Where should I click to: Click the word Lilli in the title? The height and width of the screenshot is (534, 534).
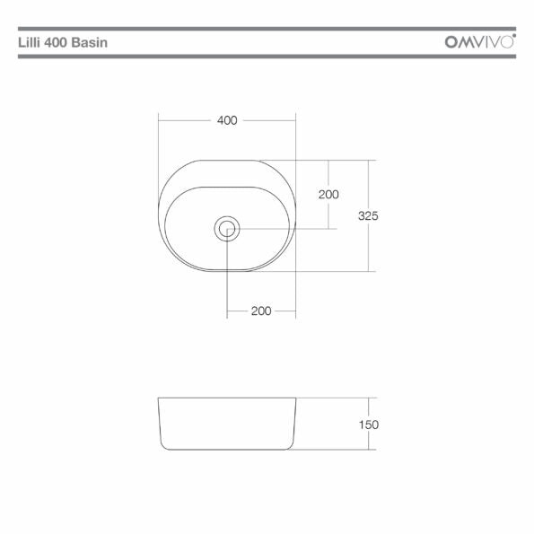pos(30,42)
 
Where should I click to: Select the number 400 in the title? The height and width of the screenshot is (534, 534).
pos(57,42)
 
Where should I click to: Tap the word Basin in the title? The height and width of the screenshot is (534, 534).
pos(90,42)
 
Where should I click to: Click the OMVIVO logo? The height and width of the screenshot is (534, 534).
pos(480,41)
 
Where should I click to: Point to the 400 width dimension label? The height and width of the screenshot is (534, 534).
pos(227,120)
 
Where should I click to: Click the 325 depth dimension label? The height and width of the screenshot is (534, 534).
pos(368,215)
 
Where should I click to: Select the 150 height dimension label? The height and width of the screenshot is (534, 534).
pos(369,425)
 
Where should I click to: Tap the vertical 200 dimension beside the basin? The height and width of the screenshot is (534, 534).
pos(328,195)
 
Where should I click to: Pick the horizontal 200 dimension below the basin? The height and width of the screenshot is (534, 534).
pos(261,311)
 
